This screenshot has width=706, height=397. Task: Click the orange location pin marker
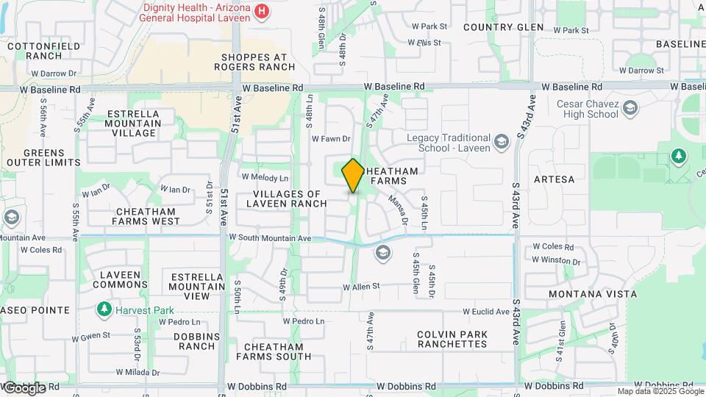tap(353, 175)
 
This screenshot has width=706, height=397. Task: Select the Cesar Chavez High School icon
tap(629, 109)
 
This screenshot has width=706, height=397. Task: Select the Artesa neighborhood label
tap(554, 179)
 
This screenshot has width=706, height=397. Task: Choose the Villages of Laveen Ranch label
tap(290, 198)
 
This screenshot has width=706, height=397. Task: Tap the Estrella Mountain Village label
tap(133, 124)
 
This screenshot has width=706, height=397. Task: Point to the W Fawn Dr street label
tap(332, 138)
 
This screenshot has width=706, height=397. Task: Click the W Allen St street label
tap(361, 286)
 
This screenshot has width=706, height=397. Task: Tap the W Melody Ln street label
tap(265, 178)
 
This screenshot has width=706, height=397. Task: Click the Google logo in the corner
tap(24, 387)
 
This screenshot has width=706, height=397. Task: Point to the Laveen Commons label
tap(121, 280)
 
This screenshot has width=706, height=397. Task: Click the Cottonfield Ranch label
tap(34, 51)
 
